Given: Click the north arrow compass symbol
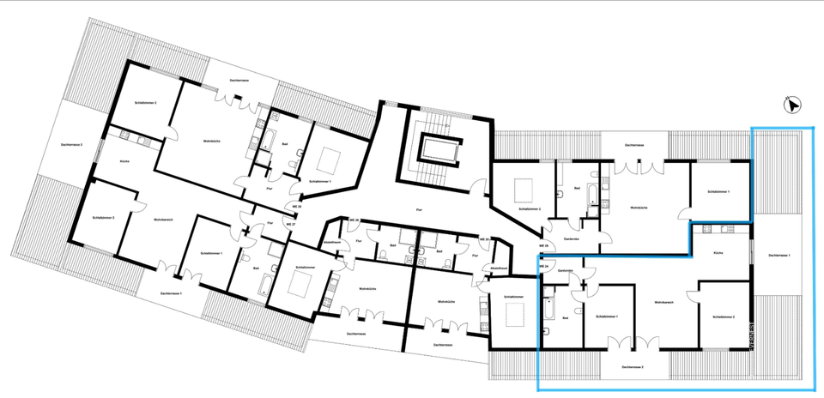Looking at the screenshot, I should click(792, 106).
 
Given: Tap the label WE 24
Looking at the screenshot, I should click(543, 266).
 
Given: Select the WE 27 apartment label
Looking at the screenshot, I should click(291, 224).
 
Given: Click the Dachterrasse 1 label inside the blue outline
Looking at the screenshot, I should click(779, 256).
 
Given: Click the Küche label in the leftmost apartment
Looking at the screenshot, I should click(124, 160).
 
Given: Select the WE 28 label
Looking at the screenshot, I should click(353, 220).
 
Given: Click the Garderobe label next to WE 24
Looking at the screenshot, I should click(565, 271).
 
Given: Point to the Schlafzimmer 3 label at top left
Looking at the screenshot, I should click(144, 103).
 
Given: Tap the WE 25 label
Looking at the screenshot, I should click(483, 239).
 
